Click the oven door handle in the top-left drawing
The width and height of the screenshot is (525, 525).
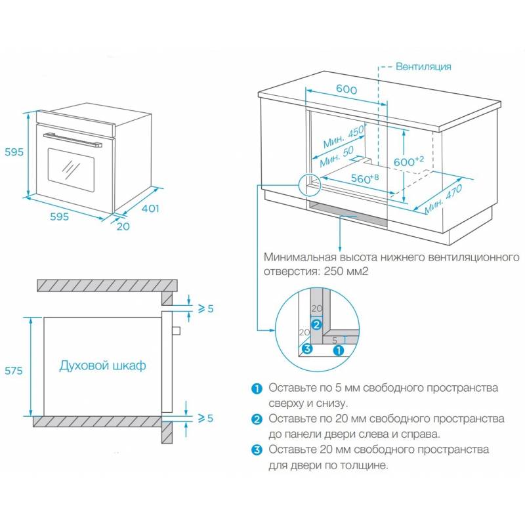coord(73,139)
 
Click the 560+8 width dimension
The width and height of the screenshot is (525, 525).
coord(366,178)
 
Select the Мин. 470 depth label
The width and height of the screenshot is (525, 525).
coord(443,197)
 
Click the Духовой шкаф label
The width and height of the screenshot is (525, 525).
coord(102,366)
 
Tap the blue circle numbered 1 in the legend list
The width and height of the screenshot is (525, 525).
coord(256,388)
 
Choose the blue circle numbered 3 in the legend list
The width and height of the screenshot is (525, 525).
coord(256,450)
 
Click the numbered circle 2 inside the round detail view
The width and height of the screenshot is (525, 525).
coord(316,324)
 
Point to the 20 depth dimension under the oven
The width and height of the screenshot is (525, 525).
coord(123,226)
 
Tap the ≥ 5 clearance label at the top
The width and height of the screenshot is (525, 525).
coord(205,308)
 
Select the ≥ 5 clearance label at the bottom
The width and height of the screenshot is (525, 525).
coord(205,417)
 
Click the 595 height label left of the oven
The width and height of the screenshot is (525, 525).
coord(12,152)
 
